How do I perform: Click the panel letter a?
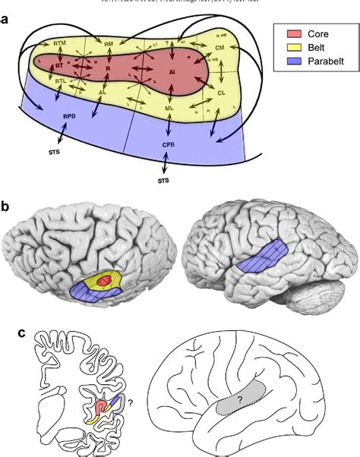coord(7,17)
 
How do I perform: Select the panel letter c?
coord(7,332)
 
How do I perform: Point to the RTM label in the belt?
coord(60,46)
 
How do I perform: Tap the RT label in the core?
coord(58,67)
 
